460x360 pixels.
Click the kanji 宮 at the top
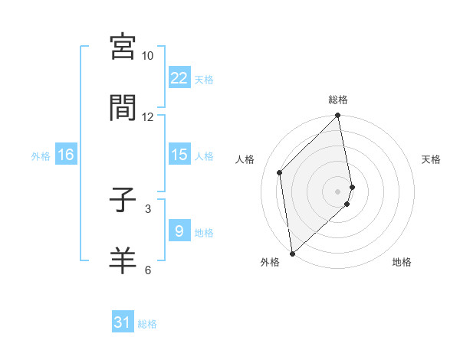(123, 47)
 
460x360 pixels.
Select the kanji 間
(123, 108)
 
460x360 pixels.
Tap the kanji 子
(123, 201)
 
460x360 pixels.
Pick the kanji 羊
(123, 261)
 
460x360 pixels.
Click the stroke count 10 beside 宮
(148, 56)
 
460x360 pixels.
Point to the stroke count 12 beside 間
(148, 116)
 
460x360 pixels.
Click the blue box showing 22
(179, 78)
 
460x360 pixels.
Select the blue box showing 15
(179, 155)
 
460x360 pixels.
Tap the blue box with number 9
(179, 231)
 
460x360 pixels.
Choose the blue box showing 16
(65, 155)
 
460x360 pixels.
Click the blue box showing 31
(123, 322)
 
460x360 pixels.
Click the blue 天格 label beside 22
(204, 79)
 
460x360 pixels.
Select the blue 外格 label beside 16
(41, 155)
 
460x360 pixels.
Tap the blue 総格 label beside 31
(147, 323)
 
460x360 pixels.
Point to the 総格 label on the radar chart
(338, 100)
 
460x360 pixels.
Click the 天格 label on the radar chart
(432, 159)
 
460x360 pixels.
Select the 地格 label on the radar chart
(402, 262)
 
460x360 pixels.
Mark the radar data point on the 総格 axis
(338, 116)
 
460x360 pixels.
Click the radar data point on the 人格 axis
(280, 172)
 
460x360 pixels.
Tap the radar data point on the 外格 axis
(292, 253)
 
